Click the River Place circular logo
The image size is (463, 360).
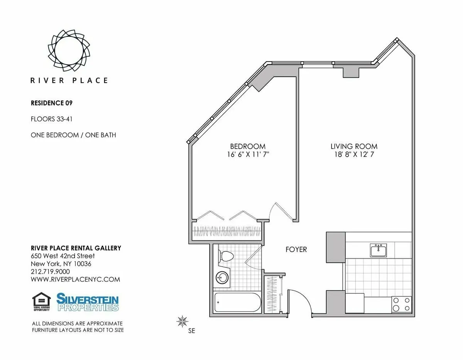click(x=69, y=50)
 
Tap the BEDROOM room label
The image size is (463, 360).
click(x=248, y=146)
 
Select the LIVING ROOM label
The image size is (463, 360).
click(x=354, y=146)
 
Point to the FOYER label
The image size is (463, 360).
click(x=296, y=249)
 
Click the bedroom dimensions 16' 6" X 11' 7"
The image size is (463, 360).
click(x=248, y=155)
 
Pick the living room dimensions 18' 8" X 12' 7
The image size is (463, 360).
click(x=354, y=155)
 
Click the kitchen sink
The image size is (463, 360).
click(x=378, y=251)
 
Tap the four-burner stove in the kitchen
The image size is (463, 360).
click(x=401, y=304)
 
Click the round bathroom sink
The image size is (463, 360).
click(x=221, y=278)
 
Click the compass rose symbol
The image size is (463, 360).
click(x=182, y=321)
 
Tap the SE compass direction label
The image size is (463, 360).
click(x=191, y=331)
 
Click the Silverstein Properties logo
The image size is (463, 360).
click(x=88, y=302)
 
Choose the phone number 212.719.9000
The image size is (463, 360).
click(x=50, y=272)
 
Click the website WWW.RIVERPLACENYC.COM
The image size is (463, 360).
click(x=75, y=279)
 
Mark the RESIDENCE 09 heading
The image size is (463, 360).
click(x=51, y=103)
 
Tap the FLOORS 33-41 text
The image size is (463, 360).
click(x=51, y=119)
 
